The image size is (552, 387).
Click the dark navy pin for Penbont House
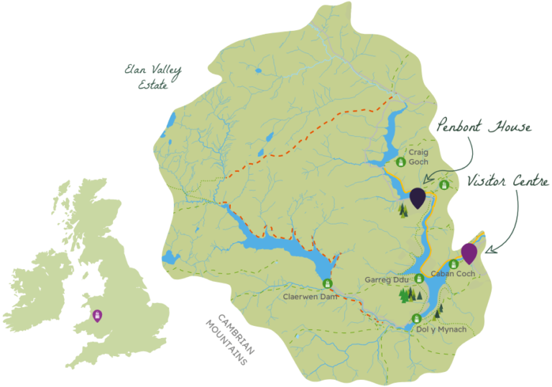[418, 196]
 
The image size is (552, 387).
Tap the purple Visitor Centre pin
[469, 252]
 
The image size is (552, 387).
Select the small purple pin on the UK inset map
[97, 315]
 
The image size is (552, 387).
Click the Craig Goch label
[418, 158]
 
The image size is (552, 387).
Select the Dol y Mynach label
[441, 329]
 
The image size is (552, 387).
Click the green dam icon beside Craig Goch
[401, 162]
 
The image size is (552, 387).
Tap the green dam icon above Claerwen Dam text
[328, 283]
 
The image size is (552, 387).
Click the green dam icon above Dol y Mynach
[416, 319]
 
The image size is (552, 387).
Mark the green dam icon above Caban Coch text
[454, 264]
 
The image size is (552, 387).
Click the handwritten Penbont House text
[484, 129]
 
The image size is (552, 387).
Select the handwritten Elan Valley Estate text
[153, 77]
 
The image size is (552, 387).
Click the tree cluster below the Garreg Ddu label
[410, 294]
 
